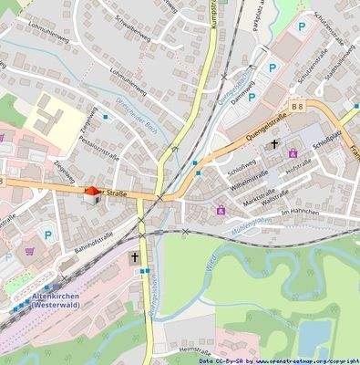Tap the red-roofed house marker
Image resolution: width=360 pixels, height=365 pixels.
[90, 194]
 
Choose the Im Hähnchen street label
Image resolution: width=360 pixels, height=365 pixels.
[298, 213]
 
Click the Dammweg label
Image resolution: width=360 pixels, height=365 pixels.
[242, 93]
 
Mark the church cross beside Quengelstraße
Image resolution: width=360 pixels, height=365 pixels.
[273, 144]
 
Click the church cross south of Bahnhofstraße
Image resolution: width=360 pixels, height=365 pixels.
[135, 258]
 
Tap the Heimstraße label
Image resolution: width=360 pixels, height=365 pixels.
[195, 349]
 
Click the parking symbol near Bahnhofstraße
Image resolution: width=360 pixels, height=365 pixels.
[48, 235]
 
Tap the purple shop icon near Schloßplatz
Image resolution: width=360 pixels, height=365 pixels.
[292, 153]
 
